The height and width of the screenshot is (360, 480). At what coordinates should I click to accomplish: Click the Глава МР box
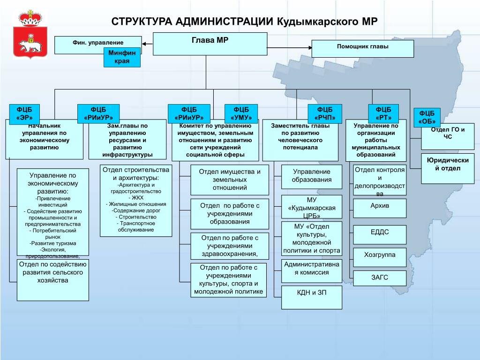point(210,44)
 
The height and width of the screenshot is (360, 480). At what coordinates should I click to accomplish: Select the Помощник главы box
point(363,48)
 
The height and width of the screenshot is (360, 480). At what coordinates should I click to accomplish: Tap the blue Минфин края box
point(122,57)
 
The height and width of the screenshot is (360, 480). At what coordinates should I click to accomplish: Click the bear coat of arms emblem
point(30,34)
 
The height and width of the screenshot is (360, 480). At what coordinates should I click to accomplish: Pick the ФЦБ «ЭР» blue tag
point(24,114)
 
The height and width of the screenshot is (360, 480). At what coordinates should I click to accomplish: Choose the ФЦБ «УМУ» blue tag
point(241,114)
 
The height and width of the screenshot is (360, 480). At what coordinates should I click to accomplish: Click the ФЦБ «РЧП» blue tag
point(325,114)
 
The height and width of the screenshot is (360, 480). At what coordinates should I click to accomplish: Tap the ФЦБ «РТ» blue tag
point(383,114)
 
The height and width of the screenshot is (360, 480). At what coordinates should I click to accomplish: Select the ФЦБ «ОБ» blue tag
point(427,117)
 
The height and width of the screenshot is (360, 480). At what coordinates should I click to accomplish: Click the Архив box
point(380,209)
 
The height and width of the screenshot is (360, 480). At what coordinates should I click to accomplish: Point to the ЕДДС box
point(380,235)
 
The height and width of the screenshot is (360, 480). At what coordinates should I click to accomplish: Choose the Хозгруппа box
point(380,257)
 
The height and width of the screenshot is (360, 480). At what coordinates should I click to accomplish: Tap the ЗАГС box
point(380,278)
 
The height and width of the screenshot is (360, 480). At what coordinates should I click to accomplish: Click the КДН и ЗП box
point(312,298)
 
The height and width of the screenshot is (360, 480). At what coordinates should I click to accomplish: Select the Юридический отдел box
point(448,169)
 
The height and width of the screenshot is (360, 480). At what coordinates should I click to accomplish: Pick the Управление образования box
point(312,177)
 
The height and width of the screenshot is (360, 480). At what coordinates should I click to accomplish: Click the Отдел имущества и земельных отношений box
point(230,180)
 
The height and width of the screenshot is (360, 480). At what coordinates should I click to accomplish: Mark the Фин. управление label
point(98,43)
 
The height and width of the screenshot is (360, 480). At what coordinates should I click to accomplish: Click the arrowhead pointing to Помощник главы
point(310,48)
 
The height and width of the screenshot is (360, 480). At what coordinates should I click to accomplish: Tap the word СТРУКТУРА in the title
point(142,22)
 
